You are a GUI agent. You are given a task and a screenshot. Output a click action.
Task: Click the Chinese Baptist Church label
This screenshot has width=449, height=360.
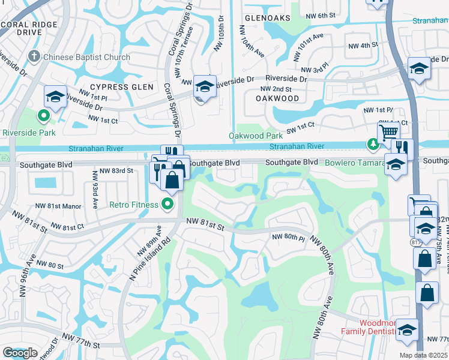tap(86, 58)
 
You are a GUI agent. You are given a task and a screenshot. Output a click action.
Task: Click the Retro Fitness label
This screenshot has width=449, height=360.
tap(133, 205)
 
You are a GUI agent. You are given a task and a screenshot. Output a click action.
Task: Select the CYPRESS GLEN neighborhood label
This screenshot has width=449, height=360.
tap(118, 86)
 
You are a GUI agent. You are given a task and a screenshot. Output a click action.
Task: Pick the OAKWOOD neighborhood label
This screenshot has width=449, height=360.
tap(277, 98)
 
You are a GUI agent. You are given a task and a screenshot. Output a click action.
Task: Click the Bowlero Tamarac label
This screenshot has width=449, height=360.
tap(355, 163)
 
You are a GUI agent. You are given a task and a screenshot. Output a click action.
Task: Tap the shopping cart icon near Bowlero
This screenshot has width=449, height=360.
tap(388, 131)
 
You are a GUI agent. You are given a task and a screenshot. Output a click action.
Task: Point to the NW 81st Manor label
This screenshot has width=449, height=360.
tap(58, 206)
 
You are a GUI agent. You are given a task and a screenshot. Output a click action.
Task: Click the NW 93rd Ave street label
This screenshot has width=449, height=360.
tap(94, 190)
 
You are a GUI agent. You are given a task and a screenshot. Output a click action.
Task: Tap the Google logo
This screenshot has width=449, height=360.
tap(20, 353)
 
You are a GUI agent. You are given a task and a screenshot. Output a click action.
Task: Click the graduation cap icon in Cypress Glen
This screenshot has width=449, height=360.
tap(205, 87)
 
